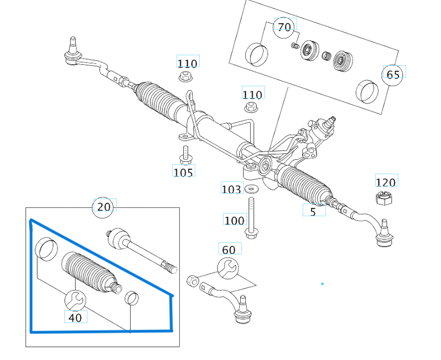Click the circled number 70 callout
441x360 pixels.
click(x=284, y=27)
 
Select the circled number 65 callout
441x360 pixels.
click(x=393, y=74)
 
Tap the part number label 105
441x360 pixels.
click(x=183, y=172)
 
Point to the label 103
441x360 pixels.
click(x=231, y=190)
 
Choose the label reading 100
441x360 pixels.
click(x=234, y=220)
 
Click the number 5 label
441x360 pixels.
click(x=313, y=211)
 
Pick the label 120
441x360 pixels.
click(x=386, y=182)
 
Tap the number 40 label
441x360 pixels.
click(x=75, y=317)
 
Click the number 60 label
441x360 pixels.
click(x=229, y=250)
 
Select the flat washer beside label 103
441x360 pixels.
click(x=252, y=190)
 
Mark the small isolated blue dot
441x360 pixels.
click(x=322, y=284)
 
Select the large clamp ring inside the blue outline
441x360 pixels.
click(x=46, y=249)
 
